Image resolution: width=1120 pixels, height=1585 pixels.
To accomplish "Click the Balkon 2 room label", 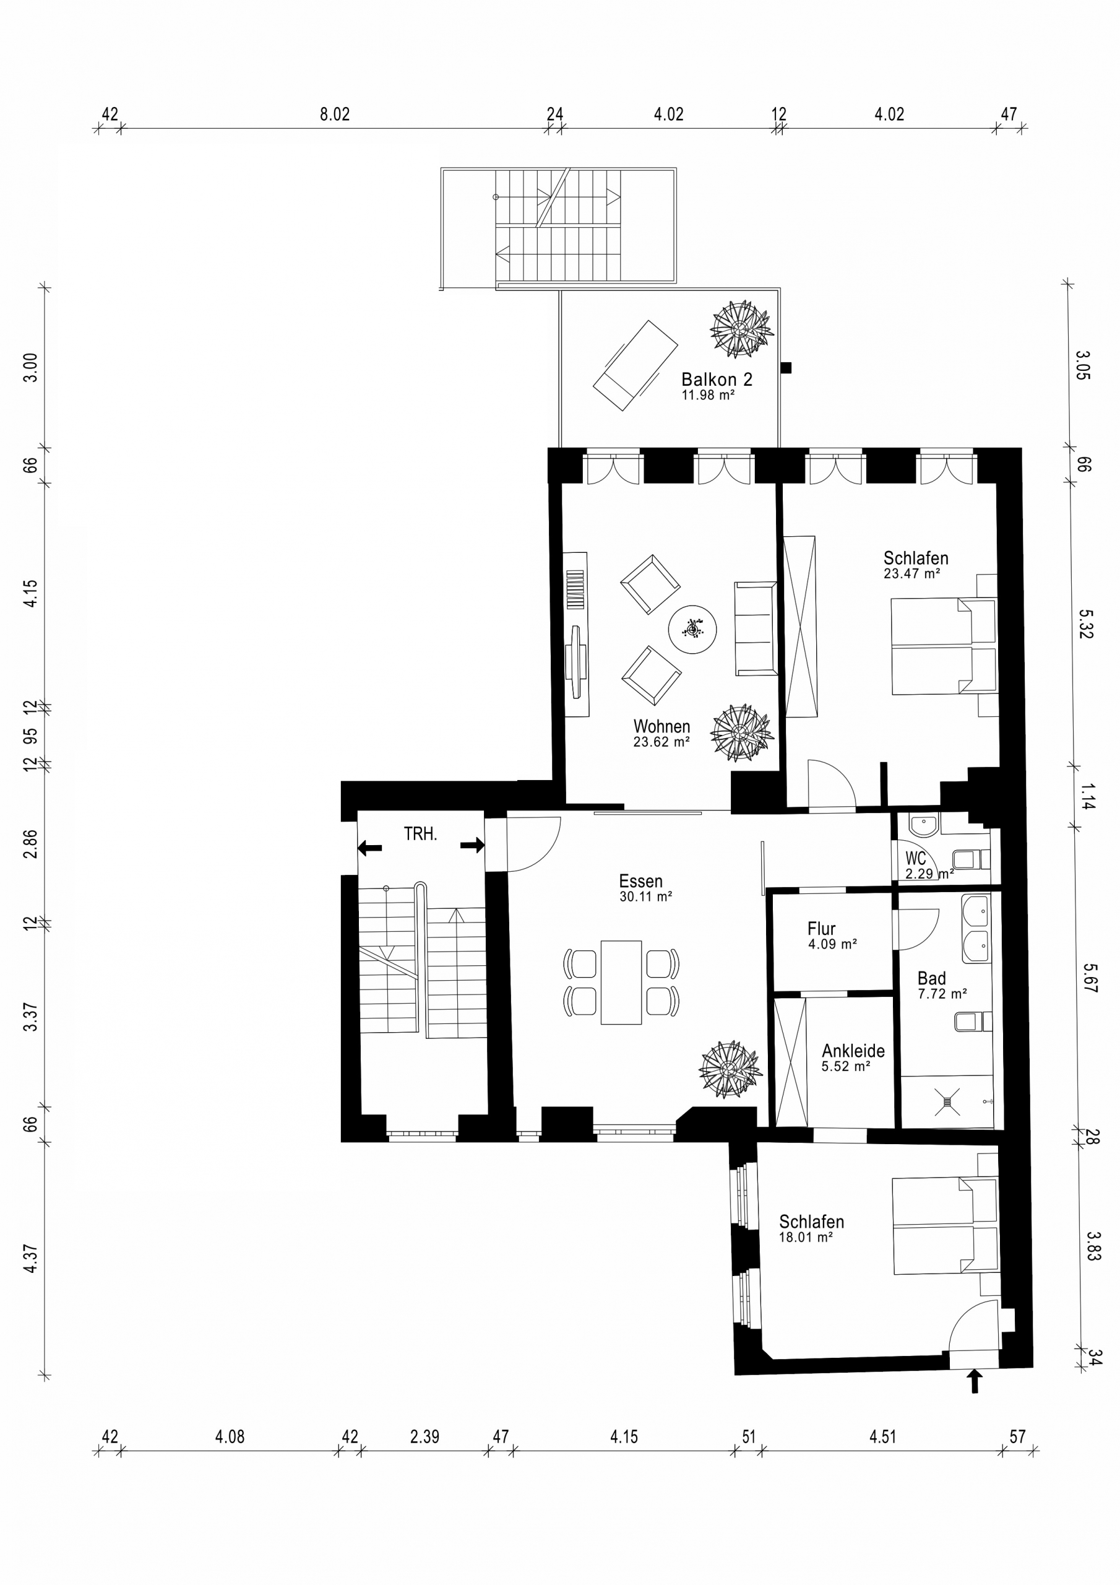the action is tap(717, 379).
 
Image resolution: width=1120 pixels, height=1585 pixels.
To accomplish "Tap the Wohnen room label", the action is tap(661, 726).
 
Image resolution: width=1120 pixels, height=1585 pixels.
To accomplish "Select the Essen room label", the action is tap(640, 881).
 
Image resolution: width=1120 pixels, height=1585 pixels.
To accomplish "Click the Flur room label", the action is tap(821, 929).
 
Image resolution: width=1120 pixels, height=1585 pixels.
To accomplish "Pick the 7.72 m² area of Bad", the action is tap(942, 994).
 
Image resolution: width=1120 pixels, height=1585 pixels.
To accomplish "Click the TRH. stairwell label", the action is tap(420, 834).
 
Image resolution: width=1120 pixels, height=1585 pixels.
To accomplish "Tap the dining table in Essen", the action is tap(621, 982).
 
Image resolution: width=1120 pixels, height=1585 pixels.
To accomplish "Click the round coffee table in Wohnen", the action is tap(692, 630).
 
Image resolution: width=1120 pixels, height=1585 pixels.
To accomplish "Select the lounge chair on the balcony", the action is tap(635, 365).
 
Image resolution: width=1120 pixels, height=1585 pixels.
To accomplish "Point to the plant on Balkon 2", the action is tap(742, 329).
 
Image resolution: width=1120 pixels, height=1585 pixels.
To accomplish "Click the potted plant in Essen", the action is tap(730, 1069).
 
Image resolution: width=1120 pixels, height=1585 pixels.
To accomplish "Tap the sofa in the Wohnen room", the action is tap(756, 628).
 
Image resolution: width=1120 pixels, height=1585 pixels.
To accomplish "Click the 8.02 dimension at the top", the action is tap(335, 114).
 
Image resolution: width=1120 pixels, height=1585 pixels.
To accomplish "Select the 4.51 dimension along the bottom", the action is tap(882, 1436).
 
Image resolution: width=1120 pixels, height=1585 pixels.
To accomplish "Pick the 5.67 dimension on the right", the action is tap(1090, 978).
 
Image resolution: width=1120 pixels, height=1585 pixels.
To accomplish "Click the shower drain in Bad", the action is tap(947, 1102).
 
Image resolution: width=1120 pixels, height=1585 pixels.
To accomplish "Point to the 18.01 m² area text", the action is tap(805, 1238).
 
